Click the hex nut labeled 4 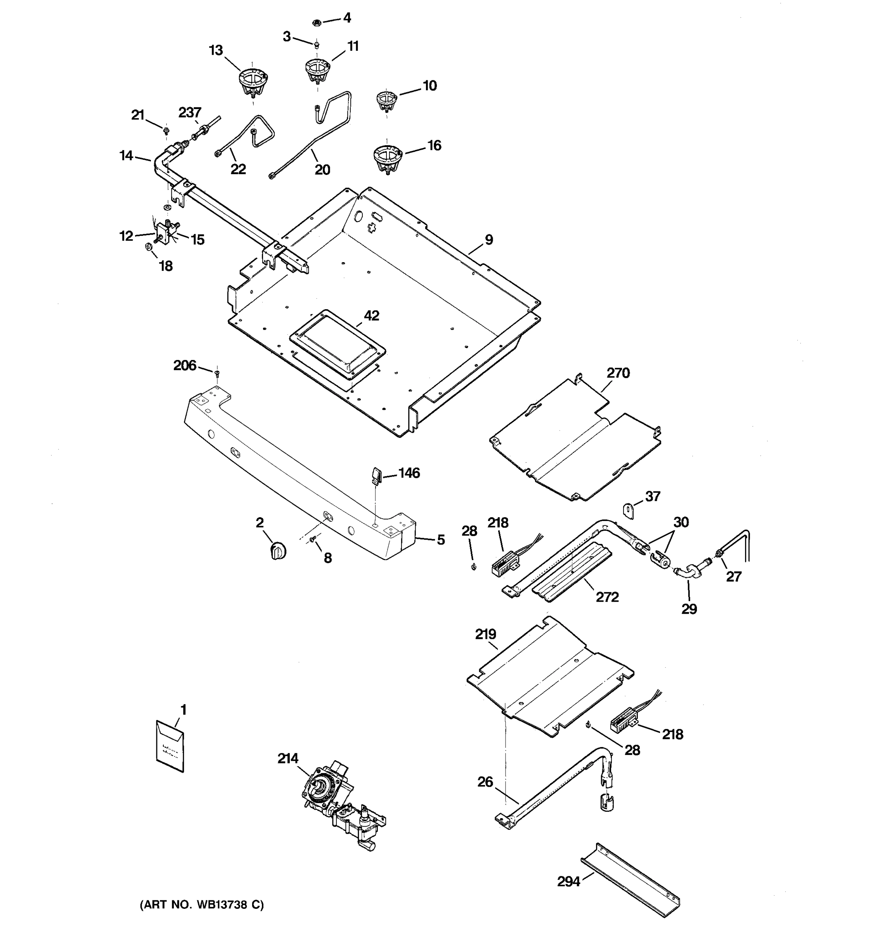316,22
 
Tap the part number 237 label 190,113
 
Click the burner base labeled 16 388,158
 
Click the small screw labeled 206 217,373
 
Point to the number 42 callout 371,316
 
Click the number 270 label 618,373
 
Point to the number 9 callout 488,240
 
